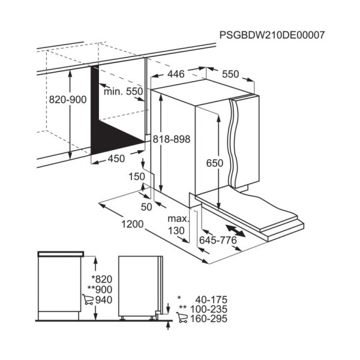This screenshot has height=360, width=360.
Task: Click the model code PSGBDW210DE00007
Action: click(x=272, y=35)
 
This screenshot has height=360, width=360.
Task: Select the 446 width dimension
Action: click(x=176, y=74)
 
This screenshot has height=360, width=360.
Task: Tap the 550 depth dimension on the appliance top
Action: click(x=230, y=74)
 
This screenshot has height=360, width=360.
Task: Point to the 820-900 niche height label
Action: click(x=68, y=100)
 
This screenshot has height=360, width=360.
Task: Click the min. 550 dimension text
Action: click(x=123, y=92)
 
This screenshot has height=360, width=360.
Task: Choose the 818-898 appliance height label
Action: click(x=172, y=139)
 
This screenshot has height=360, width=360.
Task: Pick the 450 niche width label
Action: click(x=116, y=158)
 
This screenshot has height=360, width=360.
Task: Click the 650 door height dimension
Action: click(x=215, y=163)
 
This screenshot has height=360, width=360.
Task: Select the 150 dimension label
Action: click(x=137, y=177)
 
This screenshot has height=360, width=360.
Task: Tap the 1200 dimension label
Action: click(x=133, y=224)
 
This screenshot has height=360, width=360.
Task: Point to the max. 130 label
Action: click(x=178, y=225)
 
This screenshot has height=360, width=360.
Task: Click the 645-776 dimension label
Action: click(x=218, y=241)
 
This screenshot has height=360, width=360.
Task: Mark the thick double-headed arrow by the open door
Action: click(x=235, y=231)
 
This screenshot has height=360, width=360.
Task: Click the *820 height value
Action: click(x=102, y=280)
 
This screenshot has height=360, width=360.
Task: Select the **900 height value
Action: click(x=100, y=290)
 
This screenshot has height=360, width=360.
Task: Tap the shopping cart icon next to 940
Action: click(x=88, y=299)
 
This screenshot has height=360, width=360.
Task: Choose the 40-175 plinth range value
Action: click(x=211, y=300)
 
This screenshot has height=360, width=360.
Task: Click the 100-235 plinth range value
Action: click(x=209, y=309)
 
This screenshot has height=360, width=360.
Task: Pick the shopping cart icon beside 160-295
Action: click(x=182, y=318)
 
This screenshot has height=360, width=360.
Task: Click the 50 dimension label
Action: click(x=146, y=207)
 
